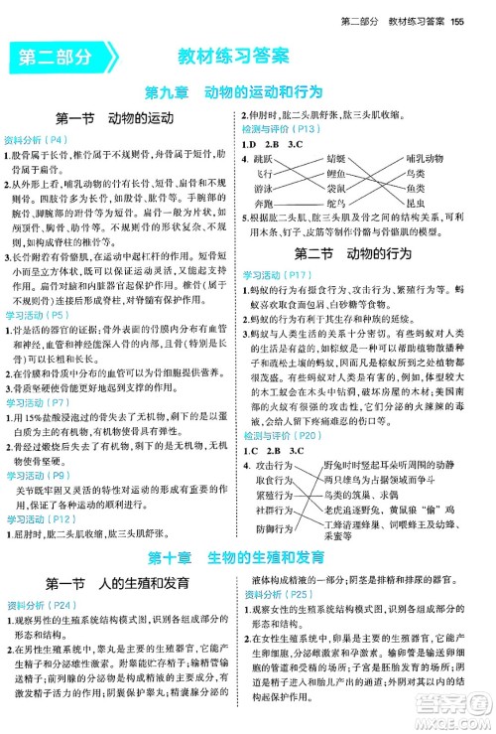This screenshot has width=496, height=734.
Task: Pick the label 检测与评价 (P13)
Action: (281, 128)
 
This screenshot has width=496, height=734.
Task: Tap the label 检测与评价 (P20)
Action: (281, 406)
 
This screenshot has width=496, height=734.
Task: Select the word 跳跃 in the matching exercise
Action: (274, 159)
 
